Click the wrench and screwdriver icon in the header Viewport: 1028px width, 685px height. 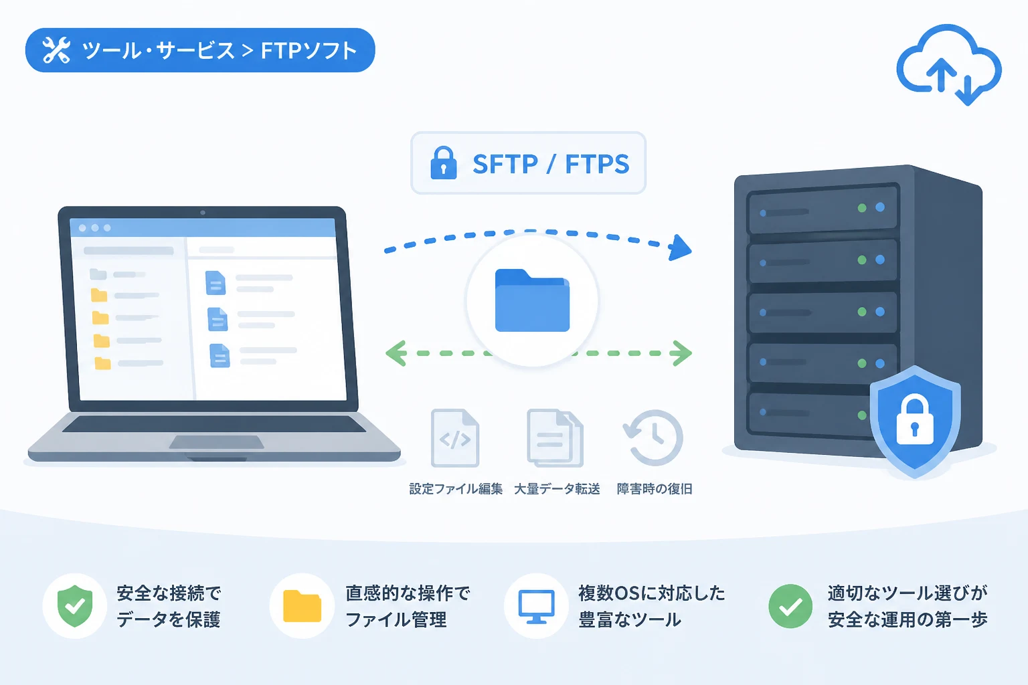[56, 50]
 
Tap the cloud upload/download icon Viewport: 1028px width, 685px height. [949, 64]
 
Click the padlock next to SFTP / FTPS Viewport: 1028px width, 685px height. [443, 163]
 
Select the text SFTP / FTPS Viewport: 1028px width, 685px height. [551, 164]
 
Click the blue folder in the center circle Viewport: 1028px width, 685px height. [532, 300]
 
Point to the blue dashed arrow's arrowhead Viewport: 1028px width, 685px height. [680, 248]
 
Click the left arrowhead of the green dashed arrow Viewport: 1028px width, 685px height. [396, 353]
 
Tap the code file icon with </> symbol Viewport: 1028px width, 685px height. [455, 437]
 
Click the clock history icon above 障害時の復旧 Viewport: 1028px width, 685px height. [653, 437]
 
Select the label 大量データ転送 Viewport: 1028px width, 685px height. [557, 489]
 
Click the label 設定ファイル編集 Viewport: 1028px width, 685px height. [456, 489]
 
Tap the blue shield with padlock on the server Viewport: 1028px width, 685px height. [915, 421]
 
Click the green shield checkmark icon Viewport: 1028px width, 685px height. [75, 605]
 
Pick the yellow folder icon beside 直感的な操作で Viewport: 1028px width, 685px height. [302, 606]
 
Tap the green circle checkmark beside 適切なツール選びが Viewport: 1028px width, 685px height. [790, 606]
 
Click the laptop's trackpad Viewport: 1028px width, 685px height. [217, 442]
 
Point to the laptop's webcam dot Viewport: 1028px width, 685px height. [203, 213]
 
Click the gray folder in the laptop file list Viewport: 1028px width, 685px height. [98, 274]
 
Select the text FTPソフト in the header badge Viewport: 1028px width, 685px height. [309, 50]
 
